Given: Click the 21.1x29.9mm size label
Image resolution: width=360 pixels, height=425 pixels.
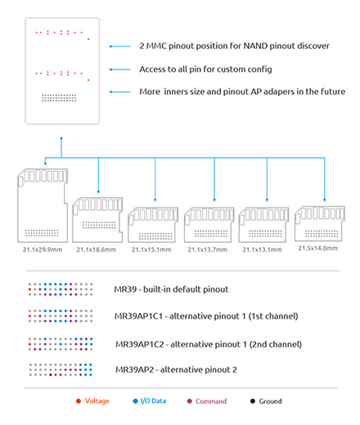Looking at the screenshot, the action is (43, 249).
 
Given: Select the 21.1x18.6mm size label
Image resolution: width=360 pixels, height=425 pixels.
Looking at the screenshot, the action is (96, 249).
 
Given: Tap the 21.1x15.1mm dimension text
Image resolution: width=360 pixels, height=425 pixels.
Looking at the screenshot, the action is (151, 249).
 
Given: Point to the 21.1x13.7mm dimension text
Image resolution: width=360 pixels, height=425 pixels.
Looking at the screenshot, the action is (207, 249).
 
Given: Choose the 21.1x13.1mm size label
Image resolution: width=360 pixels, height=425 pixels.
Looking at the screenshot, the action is (262, 249).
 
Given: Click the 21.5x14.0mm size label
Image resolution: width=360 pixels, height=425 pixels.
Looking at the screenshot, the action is (317, 248).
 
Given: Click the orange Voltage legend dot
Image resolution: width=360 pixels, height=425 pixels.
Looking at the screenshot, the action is (79, 401).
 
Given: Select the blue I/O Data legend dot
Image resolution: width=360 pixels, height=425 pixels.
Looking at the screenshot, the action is (135, 401).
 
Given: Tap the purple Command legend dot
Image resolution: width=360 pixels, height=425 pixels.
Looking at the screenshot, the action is (190, 401).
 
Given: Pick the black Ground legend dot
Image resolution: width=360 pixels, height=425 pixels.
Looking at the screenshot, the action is (253, 401).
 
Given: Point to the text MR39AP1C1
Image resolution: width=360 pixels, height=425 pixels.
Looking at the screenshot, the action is (138, 316).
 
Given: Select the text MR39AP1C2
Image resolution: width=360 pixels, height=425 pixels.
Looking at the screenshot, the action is (140, 344).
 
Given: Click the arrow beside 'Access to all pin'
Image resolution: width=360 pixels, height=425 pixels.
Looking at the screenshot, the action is (120, 69).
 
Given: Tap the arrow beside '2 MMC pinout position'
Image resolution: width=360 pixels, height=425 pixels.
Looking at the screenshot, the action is (120, 47).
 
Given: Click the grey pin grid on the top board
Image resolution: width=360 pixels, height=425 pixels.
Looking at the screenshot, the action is (59, 98).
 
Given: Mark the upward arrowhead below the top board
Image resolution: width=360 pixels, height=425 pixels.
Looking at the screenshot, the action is (61, 138).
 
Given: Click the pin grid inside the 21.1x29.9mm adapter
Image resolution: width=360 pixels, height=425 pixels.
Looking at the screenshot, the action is (42, 233).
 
